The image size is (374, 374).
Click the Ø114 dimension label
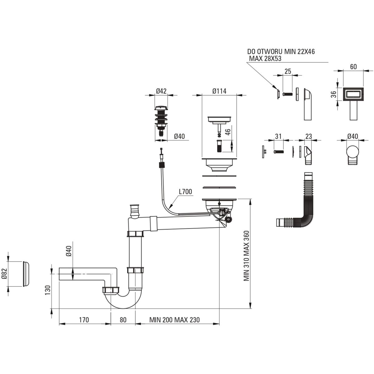pyautogui.click(x=219, y=91)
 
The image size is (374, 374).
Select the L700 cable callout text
pyautogui.click(x=185, y=191)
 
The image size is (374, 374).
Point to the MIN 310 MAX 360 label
pyautogui.click(x=246, y=256)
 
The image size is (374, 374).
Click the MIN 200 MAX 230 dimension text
pyautogui.click(x=174, y=320)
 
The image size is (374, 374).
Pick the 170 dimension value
pyautogui.click(x=84, y=320)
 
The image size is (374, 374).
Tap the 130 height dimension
pyautogui.click(x=47, y=290)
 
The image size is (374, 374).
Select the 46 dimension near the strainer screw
pyautogui.click(x=228, y=132)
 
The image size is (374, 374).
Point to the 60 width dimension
pyautogui.click(x=353, y=66)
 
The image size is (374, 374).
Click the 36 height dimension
pyautogui.click(x=333, y=94)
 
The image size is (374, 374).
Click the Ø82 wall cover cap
pyautogui.click(x=26, y=273)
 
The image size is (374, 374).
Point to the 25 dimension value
pyautogui.click(x=288, y=71)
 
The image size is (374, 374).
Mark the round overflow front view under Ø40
pyautogui.click(x=353, y=153)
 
